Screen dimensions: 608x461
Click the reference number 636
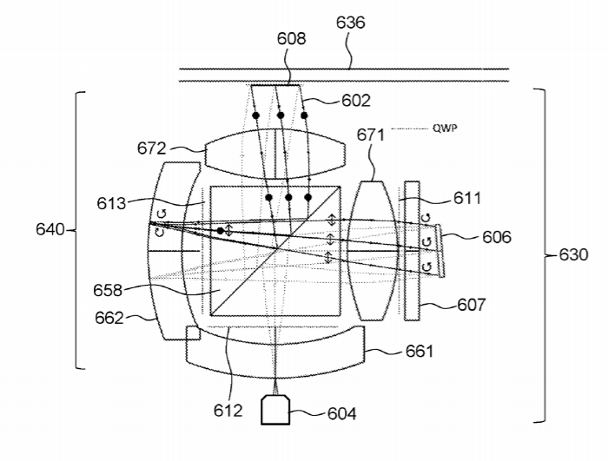click(351, 23)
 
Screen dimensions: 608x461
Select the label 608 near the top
click(291, 39)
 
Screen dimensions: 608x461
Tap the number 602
click(356, 101)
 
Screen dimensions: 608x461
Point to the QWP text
click(445, 128)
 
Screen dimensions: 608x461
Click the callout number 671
click(371, 135)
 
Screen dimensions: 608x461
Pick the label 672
click(152, 148)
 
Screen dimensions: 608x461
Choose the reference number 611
click(467, 198)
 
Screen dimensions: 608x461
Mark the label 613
click(111, 203)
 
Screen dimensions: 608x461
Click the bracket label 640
click(50, 229)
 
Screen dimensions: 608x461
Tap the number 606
click(497, 236)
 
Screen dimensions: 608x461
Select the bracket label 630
click(573, 254)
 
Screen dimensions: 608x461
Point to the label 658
click(108, 290)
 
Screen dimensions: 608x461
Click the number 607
click(472, 305)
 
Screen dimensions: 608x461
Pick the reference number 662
click(109, 318)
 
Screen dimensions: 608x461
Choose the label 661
click(420, 352)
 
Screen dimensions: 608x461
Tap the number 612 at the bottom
click(228, 411)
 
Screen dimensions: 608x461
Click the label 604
click(341, 414)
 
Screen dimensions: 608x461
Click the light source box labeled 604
click(275, 410)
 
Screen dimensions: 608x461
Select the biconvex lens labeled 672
click(275, 154)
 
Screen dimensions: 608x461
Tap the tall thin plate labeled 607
click(412, 251)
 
